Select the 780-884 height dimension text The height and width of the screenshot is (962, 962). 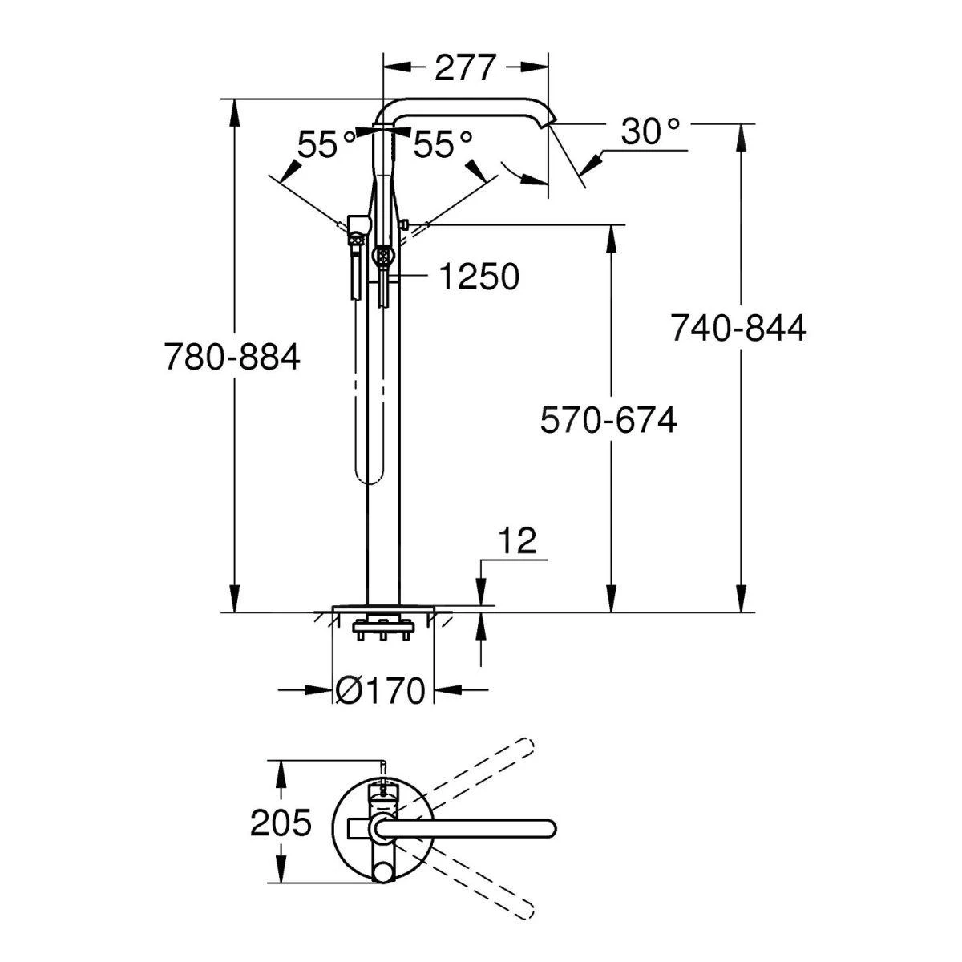(232, 356)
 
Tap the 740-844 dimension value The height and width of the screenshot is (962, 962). (738, 328)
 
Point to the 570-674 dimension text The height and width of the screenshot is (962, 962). (608, 419)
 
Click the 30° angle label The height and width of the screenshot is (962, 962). (651, 131)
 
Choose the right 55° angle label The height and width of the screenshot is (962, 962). (443, 145)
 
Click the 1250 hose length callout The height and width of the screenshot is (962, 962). (479, 277)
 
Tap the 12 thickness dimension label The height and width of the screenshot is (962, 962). (519, 542)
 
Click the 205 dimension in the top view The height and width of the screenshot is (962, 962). (280, 823)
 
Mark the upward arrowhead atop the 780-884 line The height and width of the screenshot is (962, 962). (234, 112)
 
